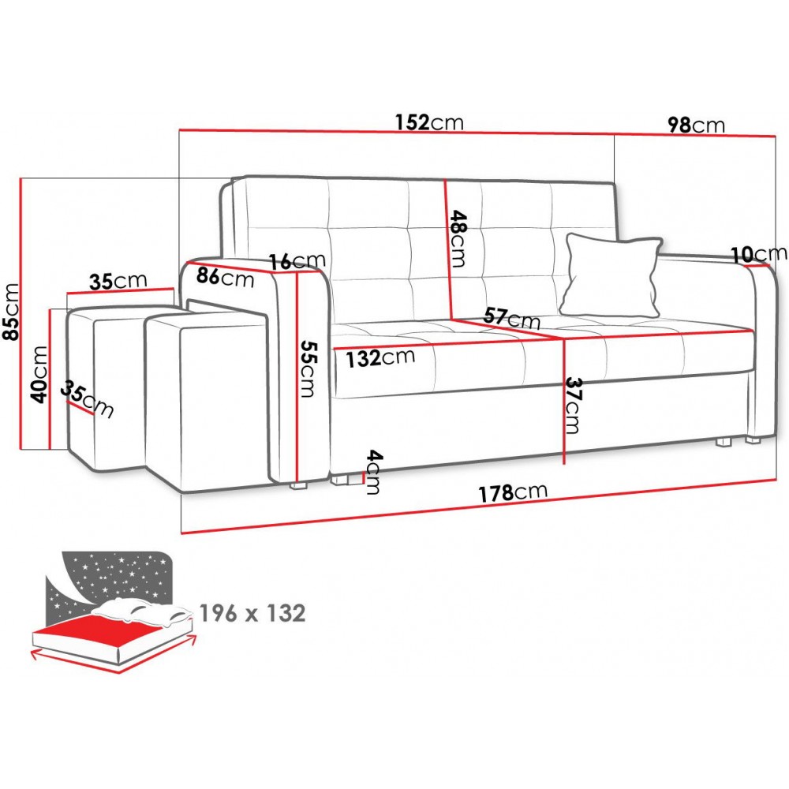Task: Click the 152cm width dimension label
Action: coord(428,122)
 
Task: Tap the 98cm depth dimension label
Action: coord(696,125)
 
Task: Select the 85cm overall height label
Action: coord(11,312)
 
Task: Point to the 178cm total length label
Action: coord(512,492)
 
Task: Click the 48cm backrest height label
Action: coord(458,238)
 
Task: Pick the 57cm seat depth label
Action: coord(511,318)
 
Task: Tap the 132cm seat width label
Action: coord(380,357)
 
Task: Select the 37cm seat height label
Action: coord(572,405)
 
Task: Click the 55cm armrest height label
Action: coord(307,368)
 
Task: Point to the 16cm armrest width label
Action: coord(297,260)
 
